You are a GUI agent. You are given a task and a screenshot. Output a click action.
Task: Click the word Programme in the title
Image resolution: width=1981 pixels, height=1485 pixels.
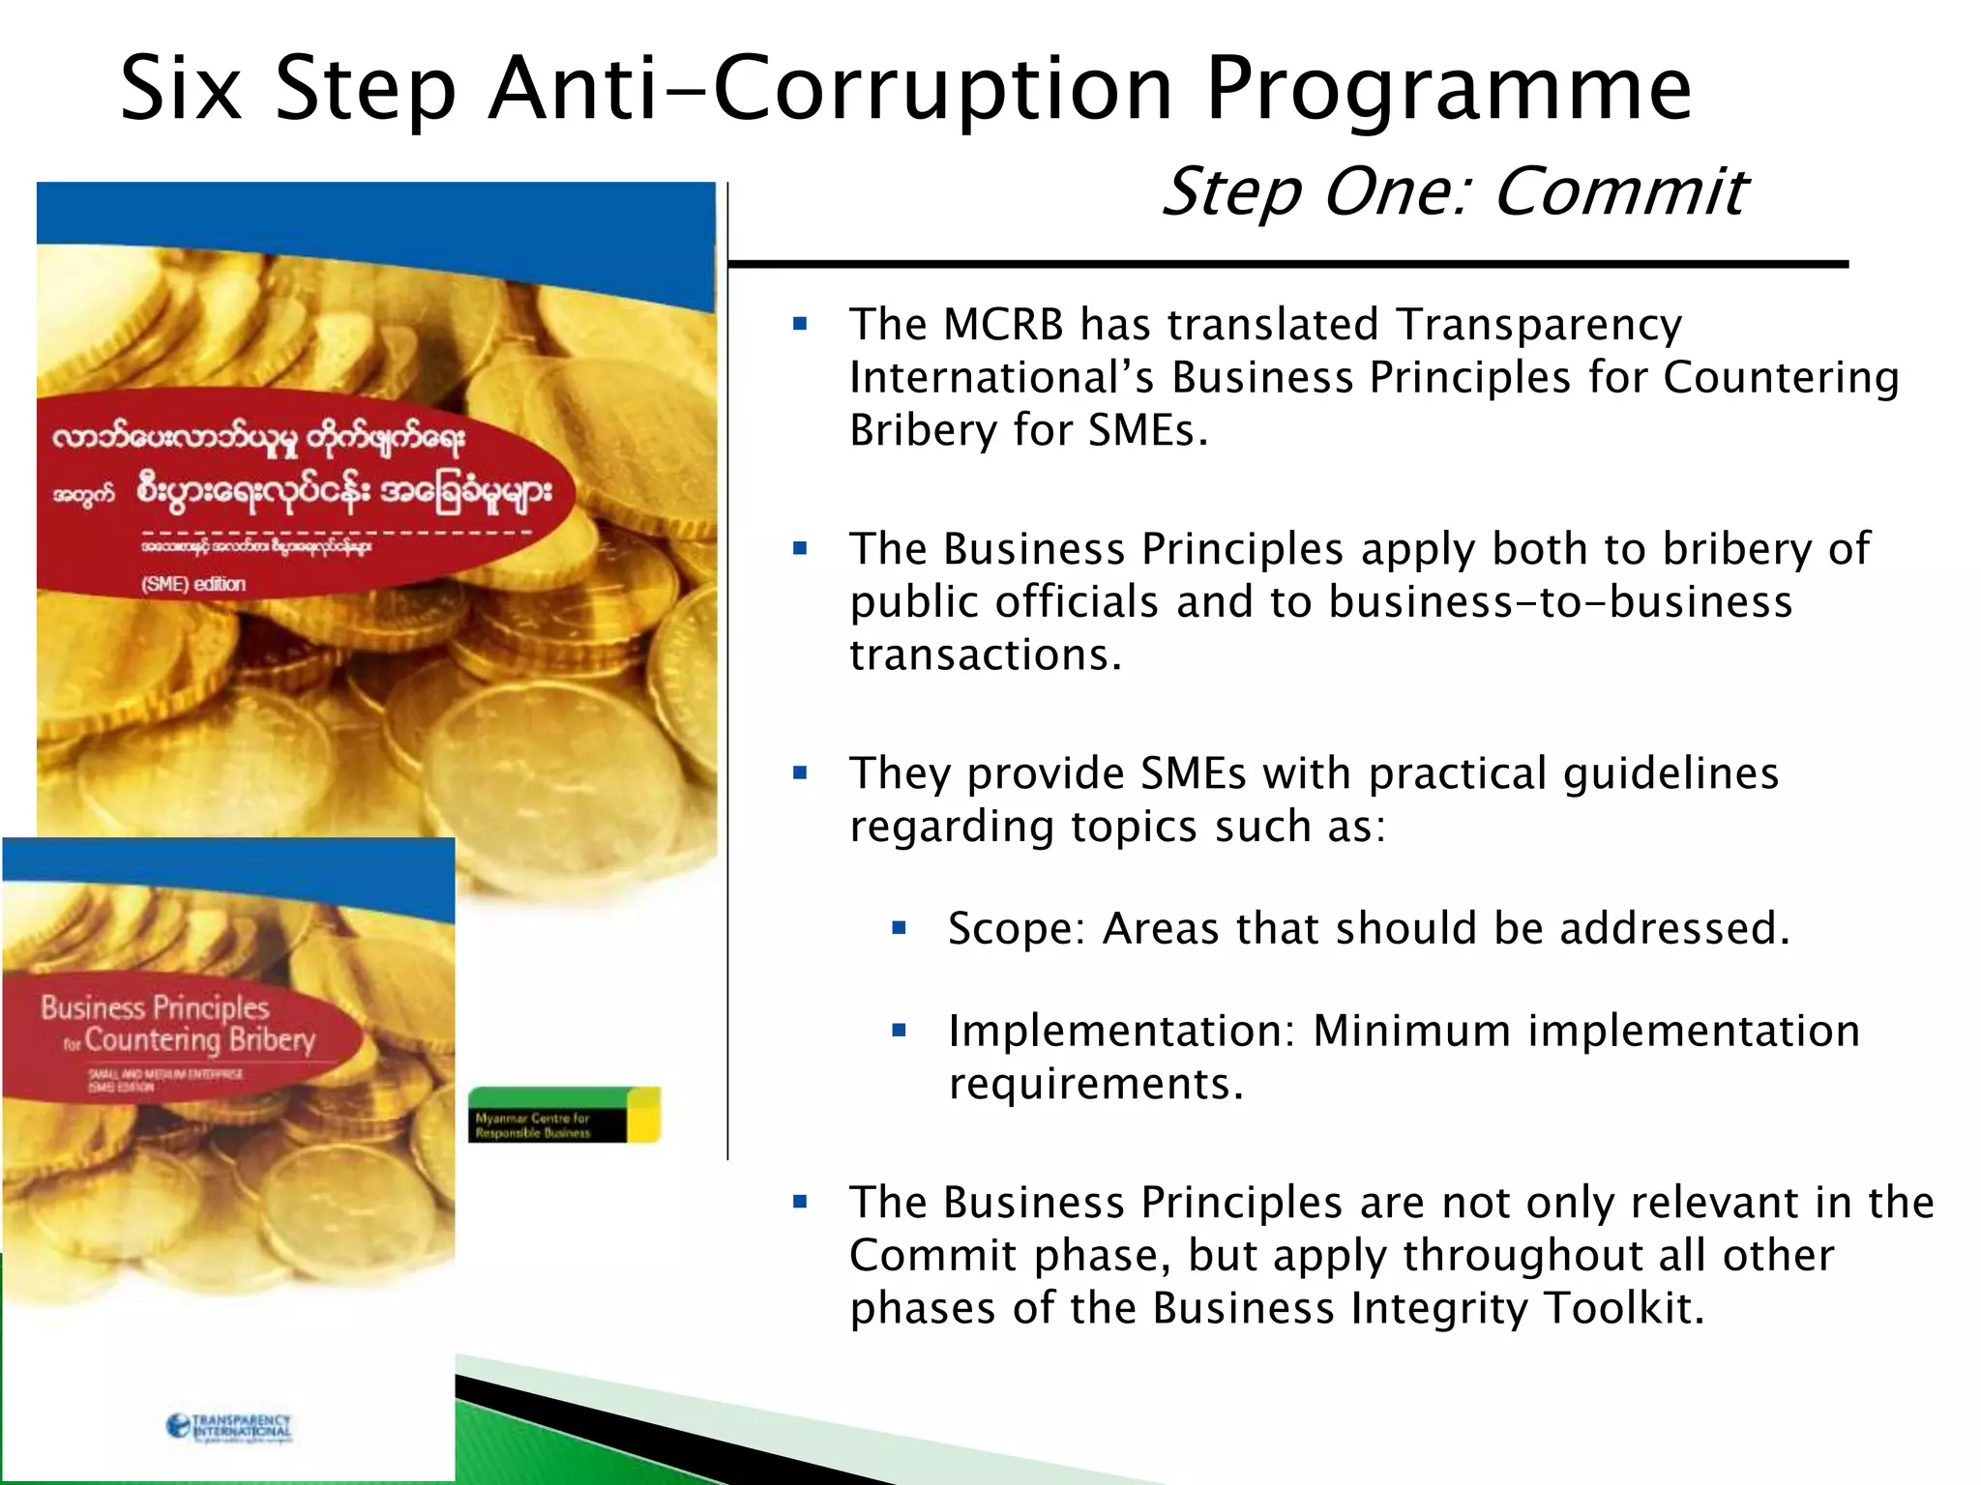point(1448,90)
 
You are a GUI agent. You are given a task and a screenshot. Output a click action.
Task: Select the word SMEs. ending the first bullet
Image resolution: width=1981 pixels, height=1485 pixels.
point(1148,430)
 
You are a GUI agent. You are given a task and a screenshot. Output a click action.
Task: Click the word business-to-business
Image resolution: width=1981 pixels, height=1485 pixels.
point(1560,602)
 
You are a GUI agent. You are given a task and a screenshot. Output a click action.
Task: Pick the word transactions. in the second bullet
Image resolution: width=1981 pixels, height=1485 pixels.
point(986,655)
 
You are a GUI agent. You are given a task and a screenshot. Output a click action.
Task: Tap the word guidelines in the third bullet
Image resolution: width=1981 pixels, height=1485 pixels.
point(1671,773)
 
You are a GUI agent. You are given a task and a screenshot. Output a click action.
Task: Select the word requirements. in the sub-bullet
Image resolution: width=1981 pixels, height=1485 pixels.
point(1095,1084)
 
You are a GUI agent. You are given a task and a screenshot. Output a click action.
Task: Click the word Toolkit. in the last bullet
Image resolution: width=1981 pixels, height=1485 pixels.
point(1624,1308)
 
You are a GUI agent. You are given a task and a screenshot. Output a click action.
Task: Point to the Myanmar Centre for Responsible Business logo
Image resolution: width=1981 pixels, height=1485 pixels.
point(564,1115)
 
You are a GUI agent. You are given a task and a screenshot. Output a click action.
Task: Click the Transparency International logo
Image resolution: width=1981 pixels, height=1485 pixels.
point(229,1427)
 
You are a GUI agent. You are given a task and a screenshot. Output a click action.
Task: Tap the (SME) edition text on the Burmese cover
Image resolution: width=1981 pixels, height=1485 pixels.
point(193,584)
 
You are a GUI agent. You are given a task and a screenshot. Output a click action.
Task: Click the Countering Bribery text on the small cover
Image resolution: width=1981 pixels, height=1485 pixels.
point(199,1040)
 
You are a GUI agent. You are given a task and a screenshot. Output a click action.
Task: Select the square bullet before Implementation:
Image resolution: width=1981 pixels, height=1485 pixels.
point(899,1031)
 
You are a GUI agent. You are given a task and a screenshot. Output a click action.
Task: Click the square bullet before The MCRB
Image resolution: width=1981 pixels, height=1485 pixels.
point(800,325)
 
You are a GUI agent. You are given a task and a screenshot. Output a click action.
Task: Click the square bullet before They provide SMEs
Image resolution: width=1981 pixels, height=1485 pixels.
point(800,773)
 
